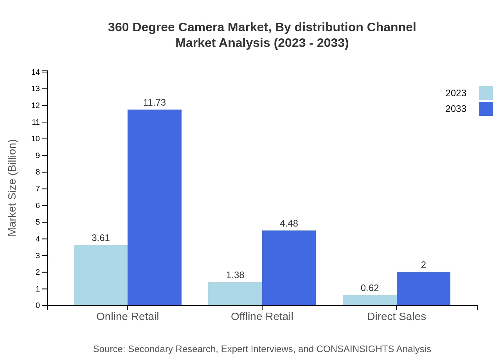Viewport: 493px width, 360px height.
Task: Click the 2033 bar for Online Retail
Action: tap(155, 207)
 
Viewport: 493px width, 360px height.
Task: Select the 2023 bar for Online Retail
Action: tap(101, 275)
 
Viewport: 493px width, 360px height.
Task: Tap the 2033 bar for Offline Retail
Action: tap(289, 268)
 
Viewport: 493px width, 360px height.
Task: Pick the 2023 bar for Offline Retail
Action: tap(235, 293)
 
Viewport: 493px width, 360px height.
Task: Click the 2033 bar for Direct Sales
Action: tap(423, 289)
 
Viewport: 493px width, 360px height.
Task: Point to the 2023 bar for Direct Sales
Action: tap(369, 300)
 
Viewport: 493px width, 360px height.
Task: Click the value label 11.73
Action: tap(155, 103)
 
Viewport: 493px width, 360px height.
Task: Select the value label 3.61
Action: tap(101, 238)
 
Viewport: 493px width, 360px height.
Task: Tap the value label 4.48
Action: tap(289, 223)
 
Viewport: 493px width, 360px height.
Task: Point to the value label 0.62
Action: tap(369, 288)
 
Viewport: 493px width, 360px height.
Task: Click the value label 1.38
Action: tap(235, 275)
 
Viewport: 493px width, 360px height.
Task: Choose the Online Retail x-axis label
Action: tap(128, 317)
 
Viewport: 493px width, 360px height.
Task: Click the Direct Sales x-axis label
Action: tap(396, 317)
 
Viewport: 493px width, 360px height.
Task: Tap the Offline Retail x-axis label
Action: tap(262, 317)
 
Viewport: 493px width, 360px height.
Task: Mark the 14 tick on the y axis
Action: tap(36, 72)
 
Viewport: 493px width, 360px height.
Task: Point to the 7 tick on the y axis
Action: tap(38, 189)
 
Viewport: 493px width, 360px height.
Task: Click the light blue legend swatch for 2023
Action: tap(486, 93)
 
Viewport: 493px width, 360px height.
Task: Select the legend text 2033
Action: tap(455, 109)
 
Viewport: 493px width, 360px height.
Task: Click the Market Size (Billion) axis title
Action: tap(12, 188)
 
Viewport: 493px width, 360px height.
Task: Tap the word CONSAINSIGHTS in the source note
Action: tap(355, 349)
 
